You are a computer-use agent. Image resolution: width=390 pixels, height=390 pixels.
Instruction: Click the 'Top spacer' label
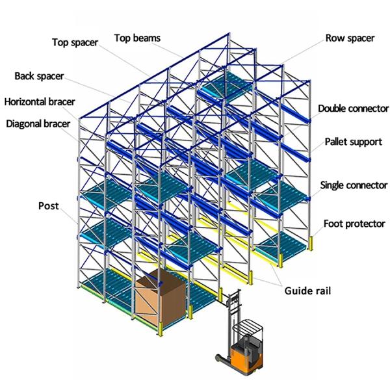[x=75, y=43]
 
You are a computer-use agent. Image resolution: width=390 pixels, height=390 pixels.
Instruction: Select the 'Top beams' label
[x=138, y=38]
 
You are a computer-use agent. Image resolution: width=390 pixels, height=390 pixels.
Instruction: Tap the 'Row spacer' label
[x=350, y=38]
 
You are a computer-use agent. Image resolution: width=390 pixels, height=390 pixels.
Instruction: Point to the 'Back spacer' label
[x=39, y=76]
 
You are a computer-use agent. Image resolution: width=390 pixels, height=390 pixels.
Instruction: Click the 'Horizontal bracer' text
[x=39, y=101]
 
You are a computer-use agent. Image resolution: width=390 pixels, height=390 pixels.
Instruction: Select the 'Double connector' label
[x=353, y=108]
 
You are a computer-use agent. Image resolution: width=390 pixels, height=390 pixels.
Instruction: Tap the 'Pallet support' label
[x=353, y=142]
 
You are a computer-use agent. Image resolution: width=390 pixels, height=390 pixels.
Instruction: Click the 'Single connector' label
[x=354, y=186]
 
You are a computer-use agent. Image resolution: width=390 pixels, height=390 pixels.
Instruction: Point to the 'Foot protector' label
[x=355, y=224]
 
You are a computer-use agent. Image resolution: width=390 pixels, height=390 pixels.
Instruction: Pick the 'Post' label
[x=48, y=206]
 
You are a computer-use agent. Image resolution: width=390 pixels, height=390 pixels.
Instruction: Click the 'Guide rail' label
[x=307, y=291]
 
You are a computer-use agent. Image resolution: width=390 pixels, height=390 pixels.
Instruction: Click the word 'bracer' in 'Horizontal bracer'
[x=60, y=101]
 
